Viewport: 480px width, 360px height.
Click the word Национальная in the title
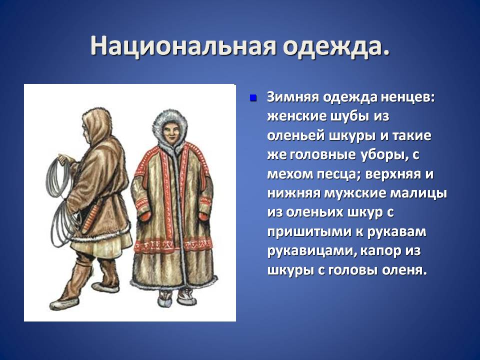(183, 46)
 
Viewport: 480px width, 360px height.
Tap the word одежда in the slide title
(336, 46)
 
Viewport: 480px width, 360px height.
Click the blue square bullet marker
(253, 98)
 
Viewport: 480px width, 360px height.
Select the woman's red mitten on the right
(203, 216)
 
